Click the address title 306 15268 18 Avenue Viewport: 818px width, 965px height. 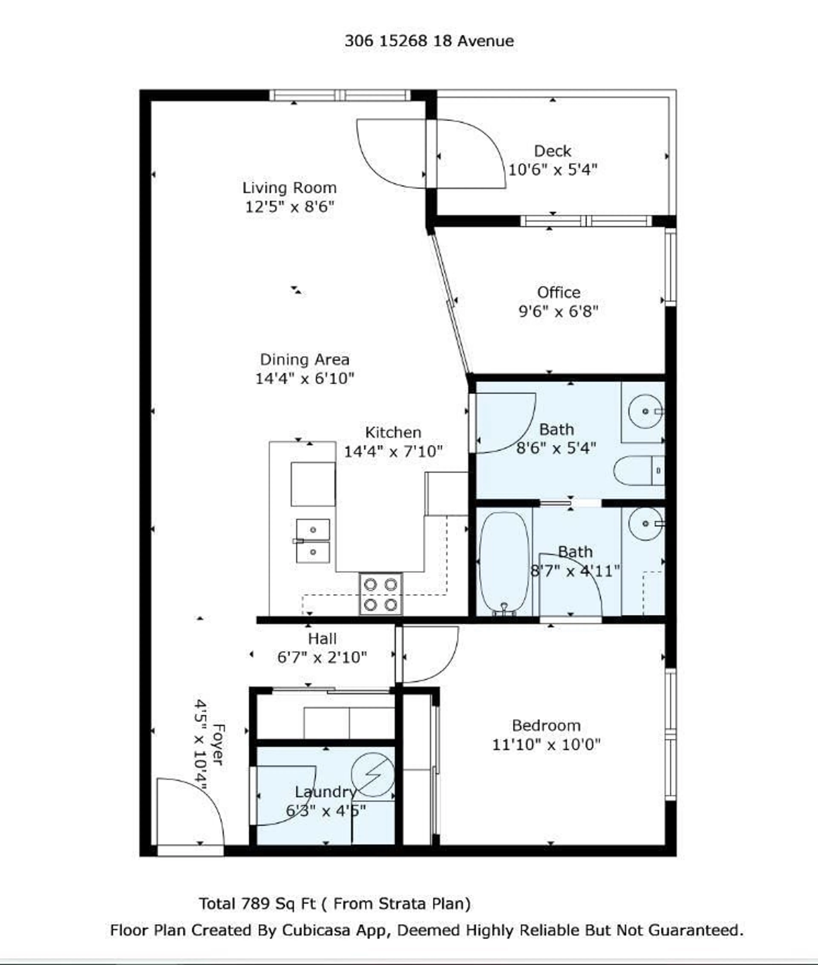coord(429,41)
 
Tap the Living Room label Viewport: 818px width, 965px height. coord(289,188)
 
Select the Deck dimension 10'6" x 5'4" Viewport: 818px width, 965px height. coord(552,170)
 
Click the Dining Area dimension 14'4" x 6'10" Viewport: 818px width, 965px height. coord(305,378)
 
